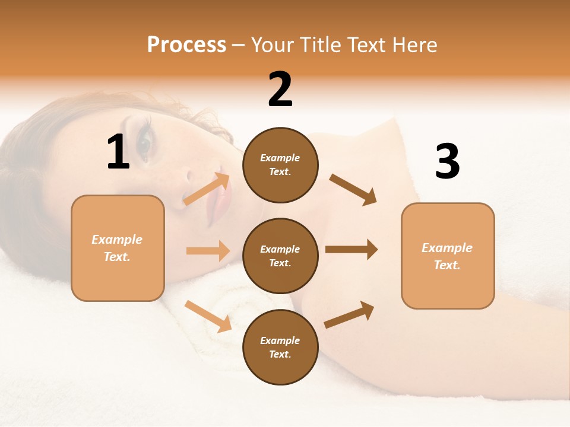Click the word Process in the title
pos(186,45)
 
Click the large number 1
pos(118,153)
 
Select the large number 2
pos(280,90)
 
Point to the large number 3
pos(447,162)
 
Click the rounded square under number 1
pos(118,248)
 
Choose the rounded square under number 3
pos(448,256)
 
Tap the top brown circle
pos(280,165)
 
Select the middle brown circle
pos(280,256)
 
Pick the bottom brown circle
pos(280,347)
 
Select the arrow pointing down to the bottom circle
pos(208,316)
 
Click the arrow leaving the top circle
pos(353,189)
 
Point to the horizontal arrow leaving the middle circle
pos(351,249)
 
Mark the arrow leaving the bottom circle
pos(349,314)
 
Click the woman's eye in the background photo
pos(144,142)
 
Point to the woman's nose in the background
pos(191,176)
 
